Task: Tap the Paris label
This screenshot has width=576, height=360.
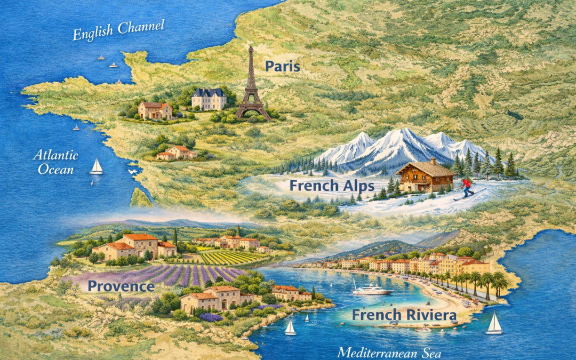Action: coord(283,66)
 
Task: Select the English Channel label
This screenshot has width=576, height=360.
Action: coord(118,30)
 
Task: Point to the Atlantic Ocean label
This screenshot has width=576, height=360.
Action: coord(55,162)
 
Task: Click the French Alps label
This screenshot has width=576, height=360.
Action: coord(331,185)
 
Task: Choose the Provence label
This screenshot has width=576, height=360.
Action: coord(121,286)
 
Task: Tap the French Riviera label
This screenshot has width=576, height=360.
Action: coord(404,315)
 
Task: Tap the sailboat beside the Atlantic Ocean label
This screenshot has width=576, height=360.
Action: coord(96,166)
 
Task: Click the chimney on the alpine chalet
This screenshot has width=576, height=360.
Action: coord(433,161)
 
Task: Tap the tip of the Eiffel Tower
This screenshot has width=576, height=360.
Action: coord(250,47)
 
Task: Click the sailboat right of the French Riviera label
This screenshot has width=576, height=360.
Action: coord(494,324)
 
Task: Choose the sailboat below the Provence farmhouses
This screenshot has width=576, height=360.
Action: coord(290,328)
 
